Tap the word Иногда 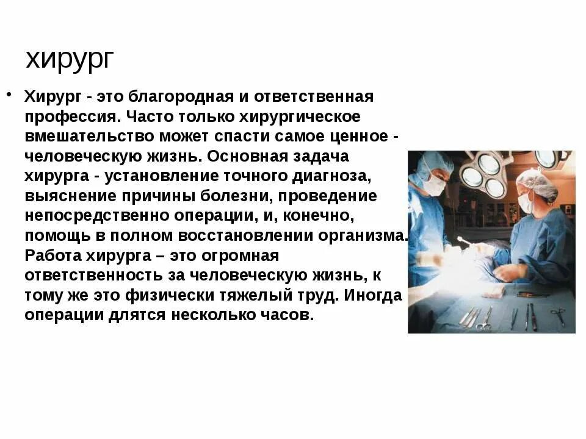[373, 295]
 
